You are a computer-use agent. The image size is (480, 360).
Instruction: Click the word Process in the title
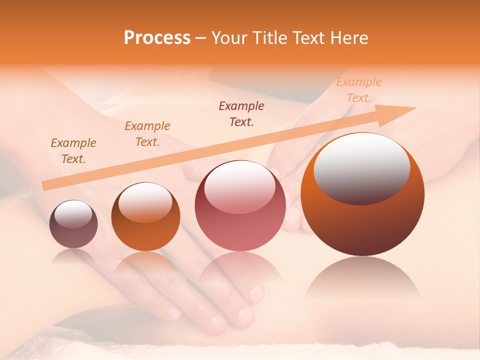157,38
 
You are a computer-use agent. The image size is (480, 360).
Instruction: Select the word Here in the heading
348,38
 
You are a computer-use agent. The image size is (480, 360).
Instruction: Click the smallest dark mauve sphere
73,224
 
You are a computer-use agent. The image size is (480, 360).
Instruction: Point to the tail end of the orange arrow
44,186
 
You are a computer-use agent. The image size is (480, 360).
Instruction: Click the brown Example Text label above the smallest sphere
73,151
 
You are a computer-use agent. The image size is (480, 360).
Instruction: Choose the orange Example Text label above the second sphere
147,134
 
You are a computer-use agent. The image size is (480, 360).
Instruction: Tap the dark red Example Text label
241,113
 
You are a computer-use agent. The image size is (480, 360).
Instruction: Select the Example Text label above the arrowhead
359,90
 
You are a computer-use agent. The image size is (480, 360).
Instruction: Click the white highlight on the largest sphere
362,167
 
